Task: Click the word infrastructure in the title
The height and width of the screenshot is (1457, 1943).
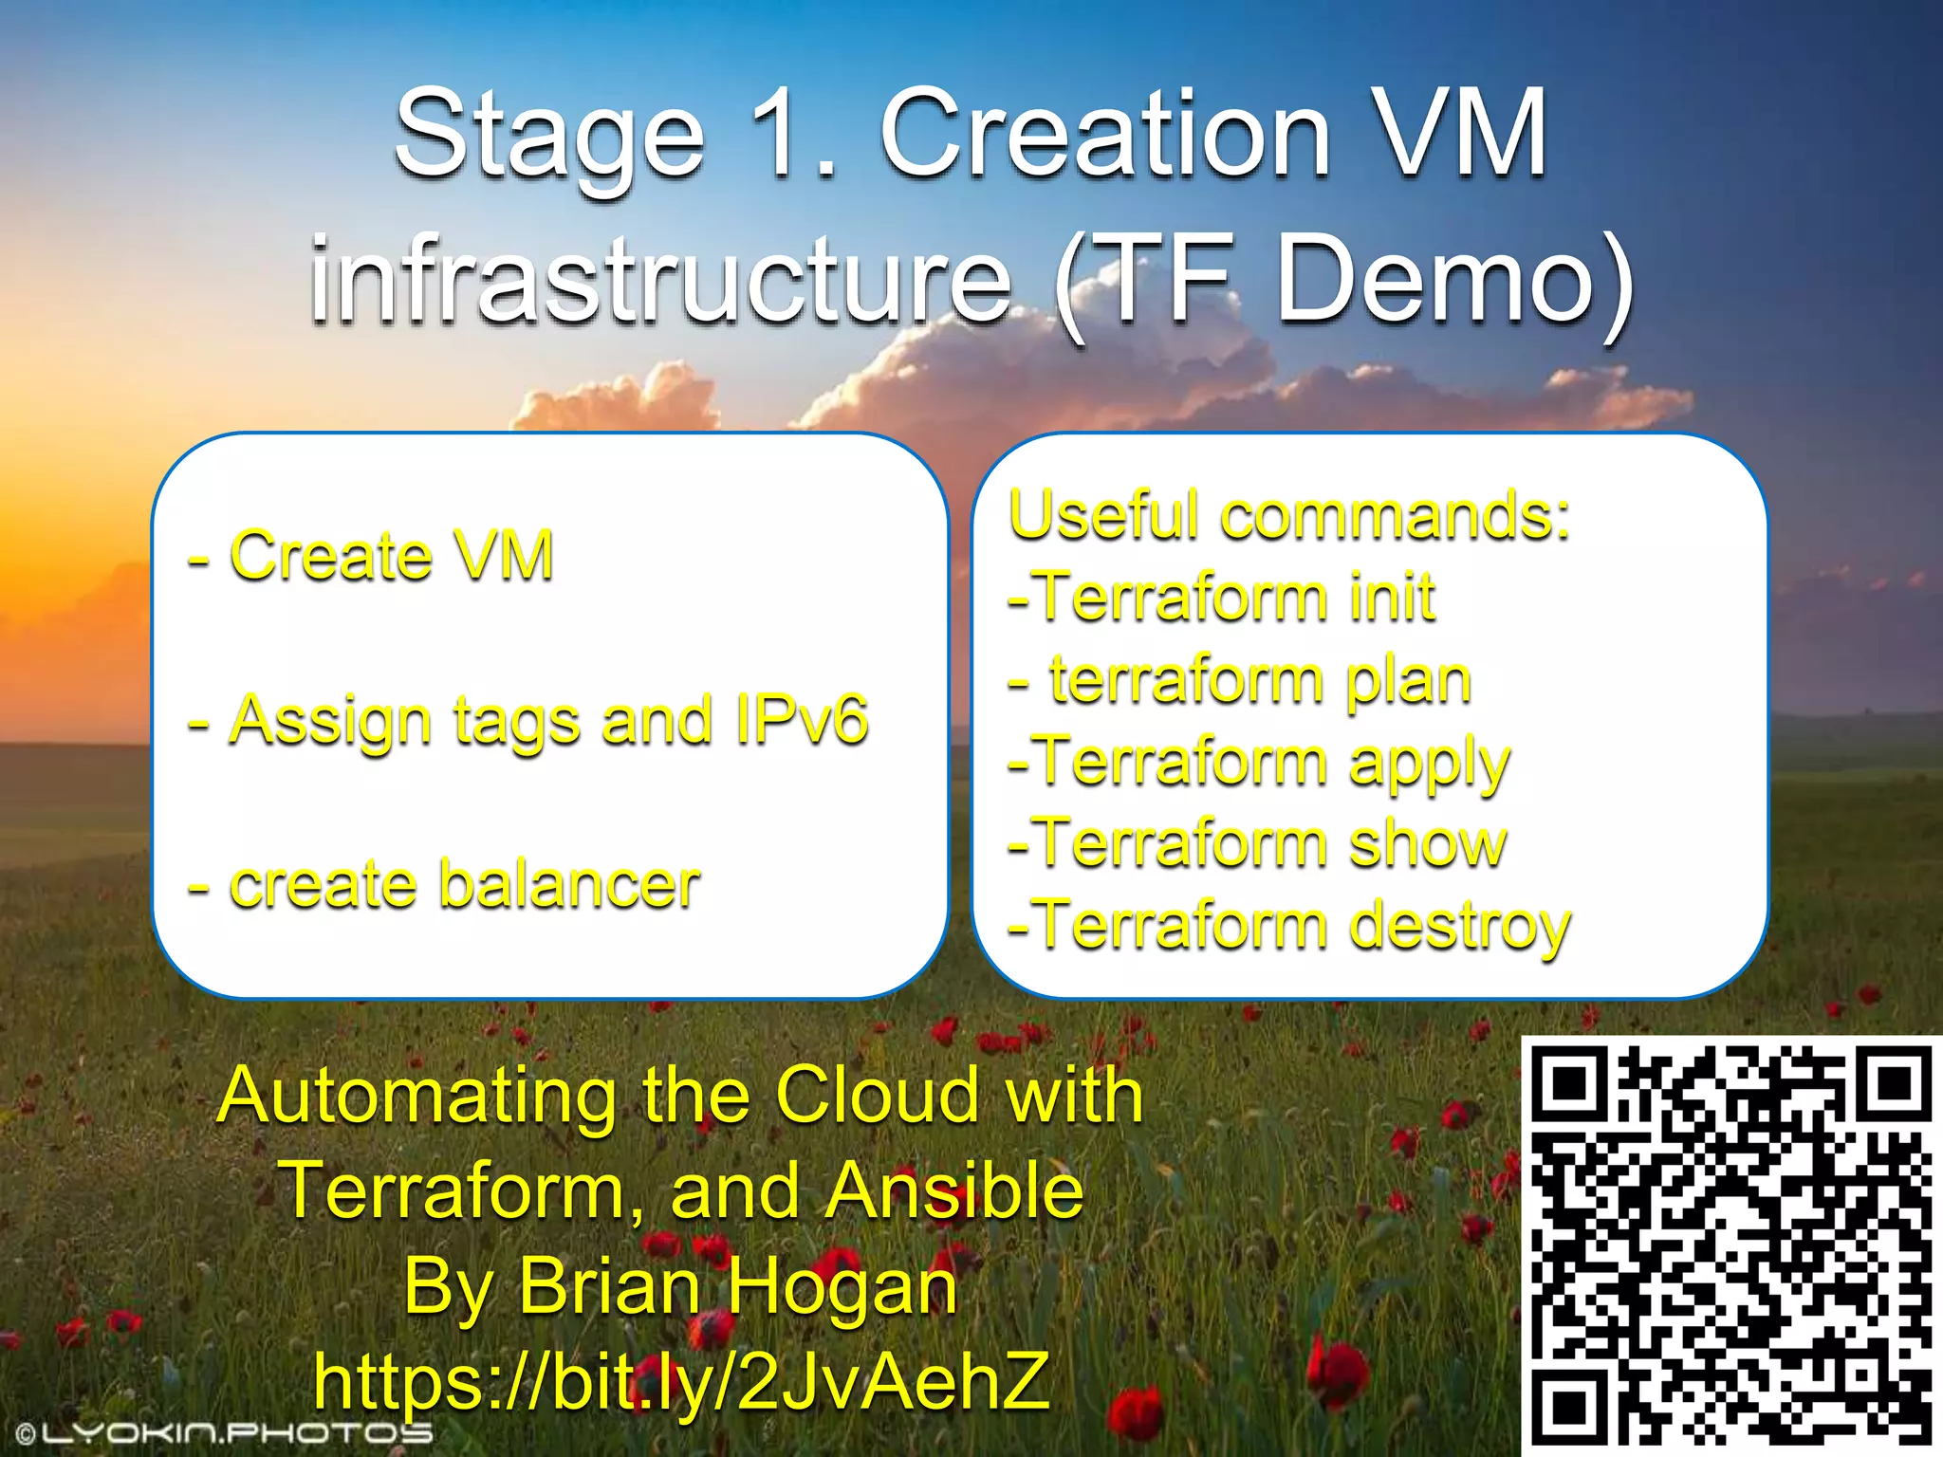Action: pyautogui.click(x=660, y=282)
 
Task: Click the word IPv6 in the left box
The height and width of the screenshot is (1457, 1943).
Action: pyautogui.click(x=802, y=719)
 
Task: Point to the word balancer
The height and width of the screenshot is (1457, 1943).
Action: pyautogui.click(x=569, y=884)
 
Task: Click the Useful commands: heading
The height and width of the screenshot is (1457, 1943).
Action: pyautogui.click(x=1288, y=515)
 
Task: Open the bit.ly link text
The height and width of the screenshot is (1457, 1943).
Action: pyautogui.click(x=681, y=1381)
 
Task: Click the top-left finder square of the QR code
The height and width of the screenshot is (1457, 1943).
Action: pyautogui.click(x=1571, y=1084)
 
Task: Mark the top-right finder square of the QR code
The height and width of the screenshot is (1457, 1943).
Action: pyautogui.click(x=1895, y=1084)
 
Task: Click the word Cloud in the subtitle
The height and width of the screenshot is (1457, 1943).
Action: pyautogui.click(x=877, y=1095)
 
